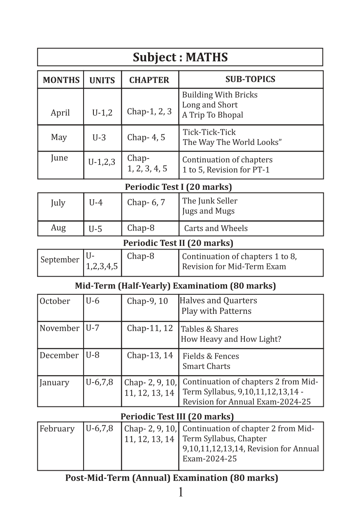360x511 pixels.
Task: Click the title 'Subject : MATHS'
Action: pos(180,57)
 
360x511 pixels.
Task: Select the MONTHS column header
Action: pos(61,80)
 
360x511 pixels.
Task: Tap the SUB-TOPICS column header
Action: pos(250,79)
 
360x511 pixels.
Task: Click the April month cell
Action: pos(60,112)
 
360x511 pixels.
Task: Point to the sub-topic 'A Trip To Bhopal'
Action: pos(212,115)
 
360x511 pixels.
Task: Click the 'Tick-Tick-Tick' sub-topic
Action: pos(209,132)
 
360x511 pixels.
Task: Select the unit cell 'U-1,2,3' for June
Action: pos(102,162)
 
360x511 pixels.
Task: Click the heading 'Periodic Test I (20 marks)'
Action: pos(178,187)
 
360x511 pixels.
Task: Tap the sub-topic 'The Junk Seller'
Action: pos(209,201)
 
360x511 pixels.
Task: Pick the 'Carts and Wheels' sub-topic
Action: pos(216,228)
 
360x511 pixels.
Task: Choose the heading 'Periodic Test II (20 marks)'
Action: pos(178,243)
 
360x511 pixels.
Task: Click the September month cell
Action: pos(60,260)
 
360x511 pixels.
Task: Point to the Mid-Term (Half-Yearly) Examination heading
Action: pos(175,285)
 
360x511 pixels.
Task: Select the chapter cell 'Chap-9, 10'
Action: pos(147,301)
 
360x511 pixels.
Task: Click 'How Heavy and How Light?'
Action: pos(231,339)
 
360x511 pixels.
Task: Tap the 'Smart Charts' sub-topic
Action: pos(206,366)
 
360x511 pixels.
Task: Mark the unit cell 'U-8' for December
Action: pos(92,355)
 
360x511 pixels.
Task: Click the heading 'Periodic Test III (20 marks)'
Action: pos(177,416)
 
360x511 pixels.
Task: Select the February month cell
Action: pos(57,429)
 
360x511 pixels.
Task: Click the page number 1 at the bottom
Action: pos(180,492)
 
